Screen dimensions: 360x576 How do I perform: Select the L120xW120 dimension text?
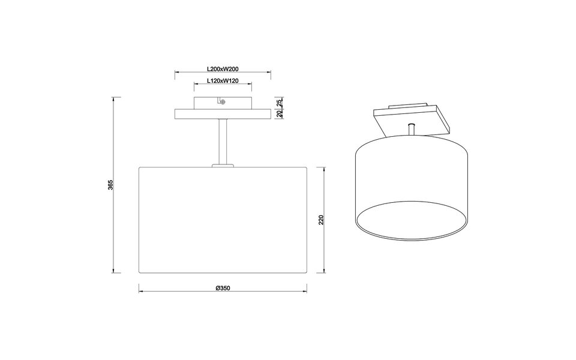(x=223, y=80)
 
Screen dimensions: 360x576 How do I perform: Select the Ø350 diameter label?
(x=223, y=288)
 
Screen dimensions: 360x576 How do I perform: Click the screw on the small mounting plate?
(x=223, y=102)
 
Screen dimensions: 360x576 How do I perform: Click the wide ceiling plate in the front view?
(x=223, y=114)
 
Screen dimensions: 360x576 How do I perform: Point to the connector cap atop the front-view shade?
(x=223, y=164)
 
